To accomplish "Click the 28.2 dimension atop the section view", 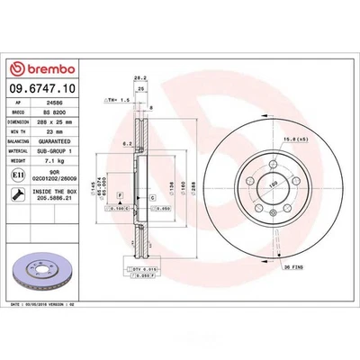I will tap(139, 78).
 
